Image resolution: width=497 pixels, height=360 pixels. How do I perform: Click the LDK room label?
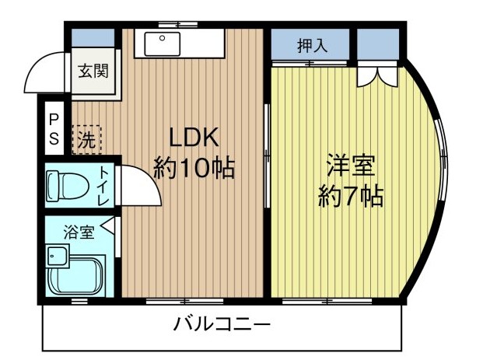[x=194, y=138]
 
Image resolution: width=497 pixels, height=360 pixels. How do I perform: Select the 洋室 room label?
[x=351, y=166]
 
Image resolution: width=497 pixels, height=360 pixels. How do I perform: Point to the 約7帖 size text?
[x=351, y=197]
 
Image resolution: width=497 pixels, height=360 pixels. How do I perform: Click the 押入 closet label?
[x=313, y=45]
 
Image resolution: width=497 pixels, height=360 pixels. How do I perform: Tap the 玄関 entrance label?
[x=93, y=72]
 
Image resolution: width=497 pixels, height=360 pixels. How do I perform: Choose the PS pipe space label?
[x=54, y=129]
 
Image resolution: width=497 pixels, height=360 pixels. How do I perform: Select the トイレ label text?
[x=103, y=186]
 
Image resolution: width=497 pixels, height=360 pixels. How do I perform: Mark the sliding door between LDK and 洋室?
[x=266, y=156]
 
